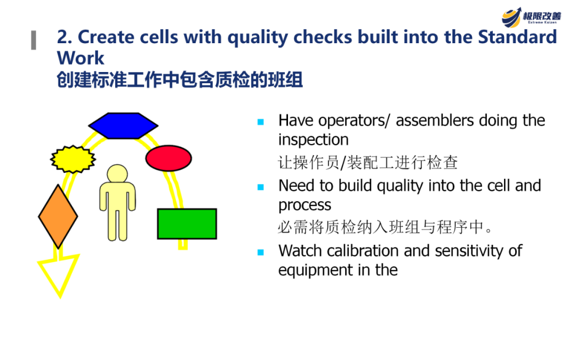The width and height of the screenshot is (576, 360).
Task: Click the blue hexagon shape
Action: [123, 126]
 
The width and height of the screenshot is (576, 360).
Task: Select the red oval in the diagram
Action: [169, 158]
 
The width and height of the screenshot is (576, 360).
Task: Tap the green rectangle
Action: [187, 223]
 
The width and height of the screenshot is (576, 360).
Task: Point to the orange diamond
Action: [58, 217]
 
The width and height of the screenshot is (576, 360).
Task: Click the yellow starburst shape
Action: [73, 159]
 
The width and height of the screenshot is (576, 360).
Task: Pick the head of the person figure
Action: [117, 174]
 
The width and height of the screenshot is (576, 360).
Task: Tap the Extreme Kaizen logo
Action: [531, 17]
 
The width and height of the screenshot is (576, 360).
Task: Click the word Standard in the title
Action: [517, 37]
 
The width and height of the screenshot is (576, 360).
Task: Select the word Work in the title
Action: [81, 58]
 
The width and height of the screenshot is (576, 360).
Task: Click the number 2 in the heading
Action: [62, 37]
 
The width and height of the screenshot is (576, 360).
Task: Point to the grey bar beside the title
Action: [34, 40]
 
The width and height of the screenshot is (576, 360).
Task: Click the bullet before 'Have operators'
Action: [261, 122]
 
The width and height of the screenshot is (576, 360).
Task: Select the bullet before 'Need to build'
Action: [261, 187]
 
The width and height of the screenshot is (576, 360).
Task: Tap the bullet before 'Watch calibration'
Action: [261, 252]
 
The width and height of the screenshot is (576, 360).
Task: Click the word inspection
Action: [314, 140]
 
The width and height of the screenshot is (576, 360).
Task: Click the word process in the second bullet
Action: [305, 205]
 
